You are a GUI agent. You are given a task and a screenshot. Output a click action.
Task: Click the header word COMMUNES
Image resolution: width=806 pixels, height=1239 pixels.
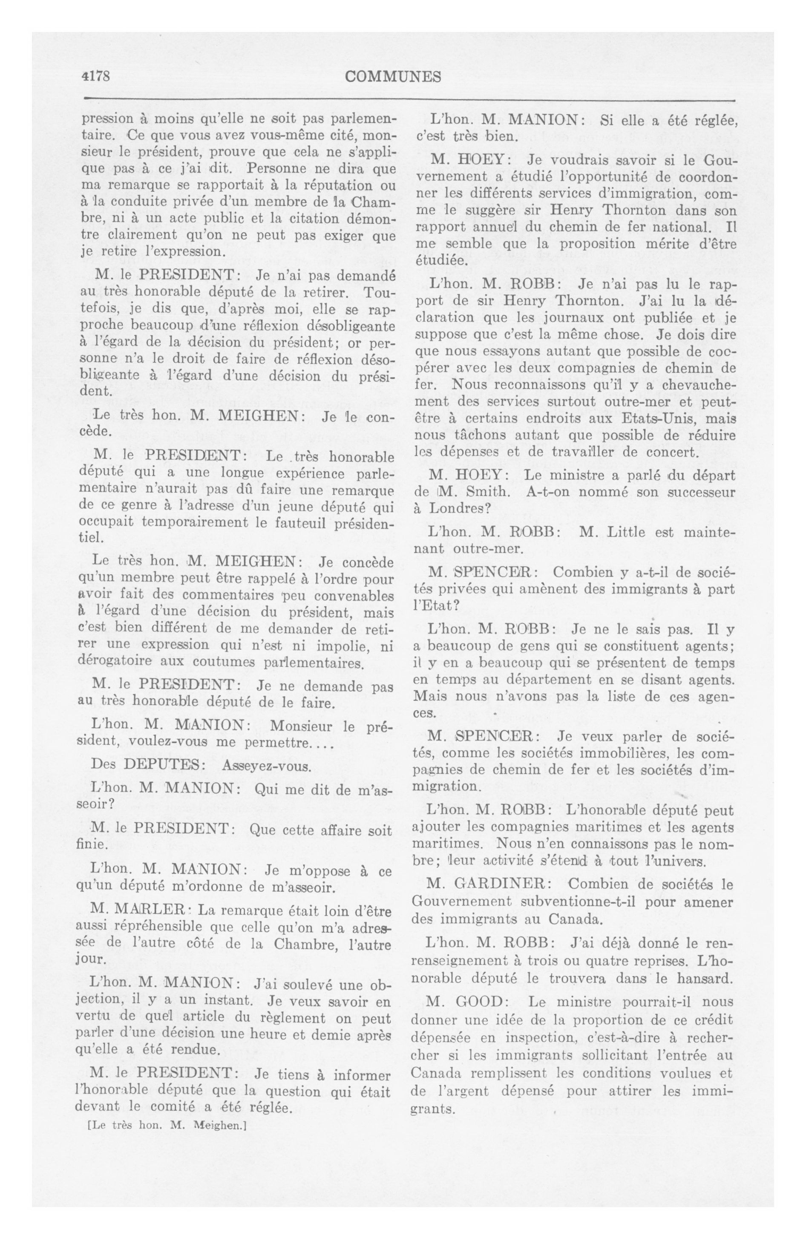pyautogui.click(x=393, y=77)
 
